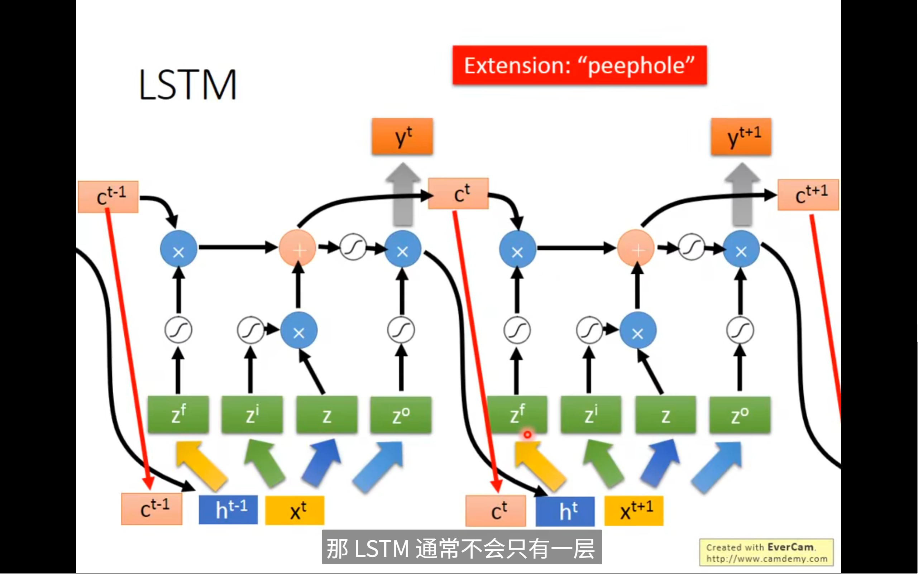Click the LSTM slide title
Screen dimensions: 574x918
coord(187,85)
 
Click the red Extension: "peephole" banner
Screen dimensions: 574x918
coord(579,65)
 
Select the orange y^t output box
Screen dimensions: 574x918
coord(402,136)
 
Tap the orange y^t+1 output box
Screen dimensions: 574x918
coord(741,136)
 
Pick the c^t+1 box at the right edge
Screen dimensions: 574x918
coord(808,195)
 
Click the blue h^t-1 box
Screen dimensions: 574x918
coord(228,510)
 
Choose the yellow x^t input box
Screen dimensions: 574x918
coord(295,511)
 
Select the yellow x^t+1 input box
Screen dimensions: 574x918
coord(633,511)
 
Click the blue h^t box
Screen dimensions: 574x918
coord(565,511)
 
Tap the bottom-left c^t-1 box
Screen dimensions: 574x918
coord(152,509)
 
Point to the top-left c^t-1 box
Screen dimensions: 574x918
coord(108,196)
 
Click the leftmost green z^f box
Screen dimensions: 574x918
coord(178,414)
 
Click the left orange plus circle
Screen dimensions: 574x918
coord(298,249)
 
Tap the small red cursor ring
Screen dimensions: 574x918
coord(527,434)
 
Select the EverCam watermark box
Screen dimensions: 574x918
coord(766,553)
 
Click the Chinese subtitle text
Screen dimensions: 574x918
coord(462,548)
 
